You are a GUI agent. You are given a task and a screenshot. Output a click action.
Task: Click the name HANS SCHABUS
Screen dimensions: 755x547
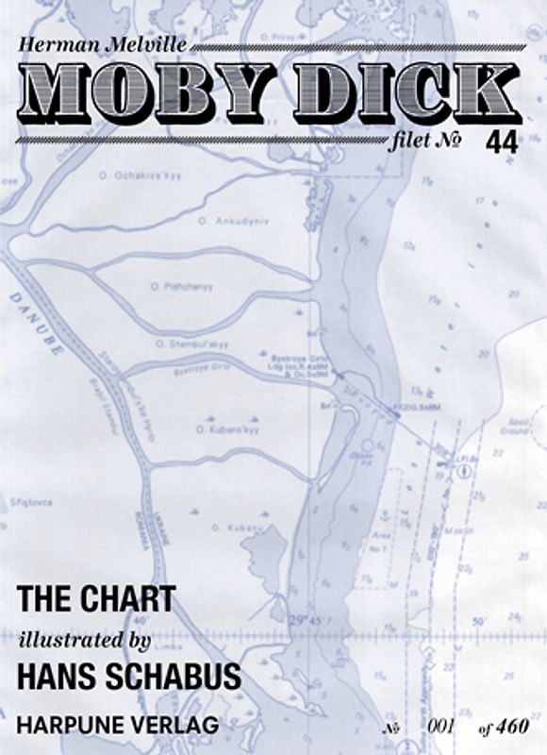click(128, 678)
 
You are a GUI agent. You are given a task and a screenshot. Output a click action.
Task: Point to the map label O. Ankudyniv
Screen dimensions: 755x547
click(221, 222)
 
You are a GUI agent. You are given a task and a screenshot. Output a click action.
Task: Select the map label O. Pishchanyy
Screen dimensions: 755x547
click(181, 286)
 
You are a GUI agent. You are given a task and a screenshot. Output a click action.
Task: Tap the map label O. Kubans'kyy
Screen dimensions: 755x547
click(226, 429)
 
